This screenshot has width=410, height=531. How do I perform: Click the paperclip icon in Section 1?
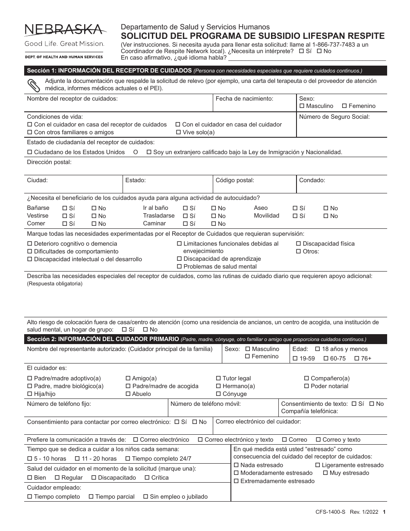(x=33, y=85)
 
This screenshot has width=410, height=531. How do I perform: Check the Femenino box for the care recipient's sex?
(x=344, y=106)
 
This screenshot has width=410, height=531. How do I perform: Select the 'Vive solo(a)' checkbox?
(x=178, y=133)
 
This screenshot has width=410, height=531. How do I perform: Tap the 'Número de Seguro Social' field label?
(x=334, y=117)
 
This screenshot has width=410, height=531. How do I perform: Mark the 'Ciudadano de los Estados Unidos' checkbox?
(x=30, y=152)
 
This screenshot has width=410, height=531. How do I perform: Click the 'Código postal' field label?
(x=235, y=180)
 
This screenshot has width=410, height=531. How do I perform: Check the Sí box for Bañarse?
(x=65, y=208)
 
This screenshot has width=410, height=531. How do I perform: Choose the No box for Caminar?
(x=214, y=224)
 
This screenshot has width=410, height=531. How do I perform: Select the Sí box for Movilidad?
(x=295, y=216)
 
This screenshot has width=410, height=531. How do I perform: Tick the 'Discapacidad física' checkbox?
(x=299, y=244)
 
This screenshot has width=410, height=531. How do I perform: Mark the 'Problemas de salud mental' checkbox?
(x=180, y=267)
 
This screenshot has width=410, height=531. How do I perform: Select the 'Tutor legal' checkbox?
(x=218, y=379)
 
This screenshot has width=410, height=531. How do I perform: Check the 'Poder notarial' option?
(x=307, y=386)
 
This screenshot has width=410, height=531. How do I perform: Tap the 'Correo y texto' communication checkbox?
(x=319, y=440)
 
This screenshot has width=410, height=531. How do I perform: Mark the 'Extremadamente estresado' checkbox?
(x=236, y=481)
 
